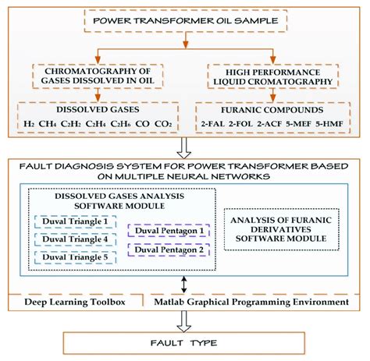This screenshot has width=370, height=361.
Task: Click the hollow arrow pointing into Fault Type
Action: [x=186, y=319]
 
